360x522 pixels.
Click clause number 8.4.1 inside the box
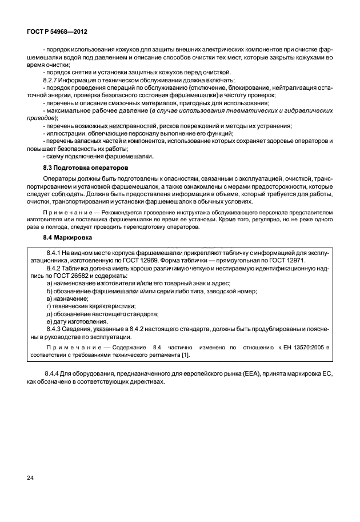(55, 252)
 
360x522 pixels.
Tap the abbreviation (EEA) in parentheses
(247, 373)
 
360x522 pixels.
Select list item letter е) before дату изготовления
(49, 321)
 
